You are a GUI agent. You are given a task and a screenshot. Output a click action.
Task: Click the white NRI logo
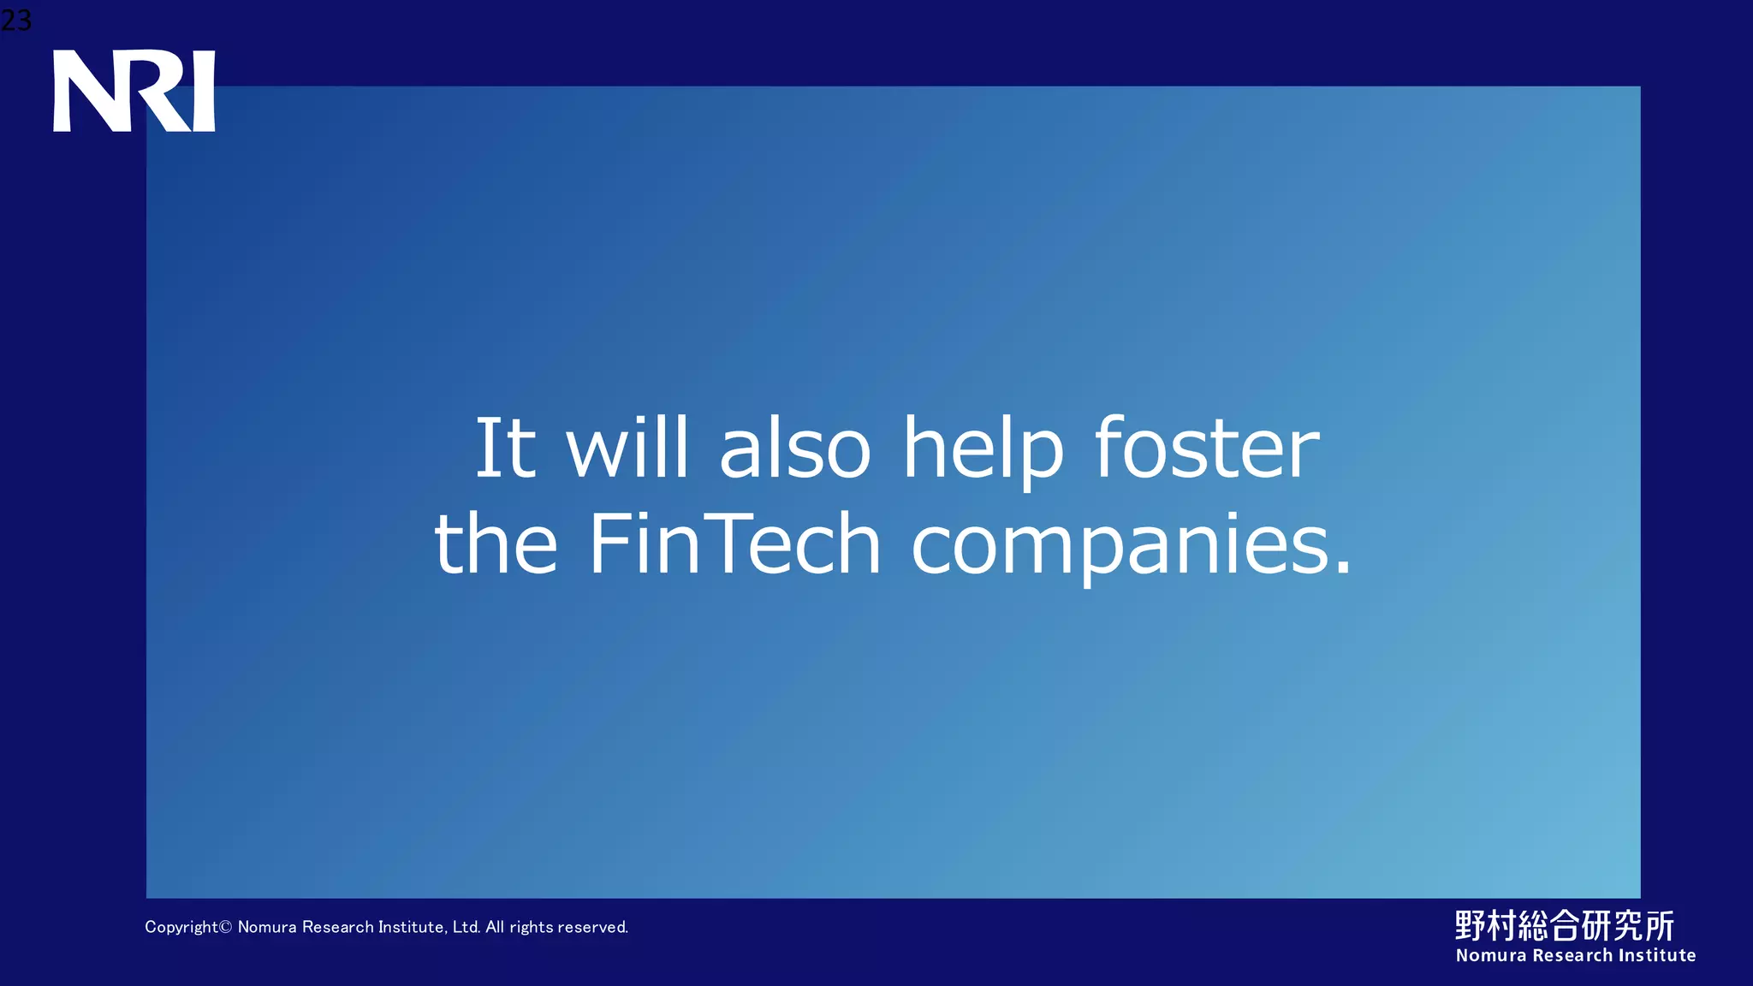(x=134, y=91)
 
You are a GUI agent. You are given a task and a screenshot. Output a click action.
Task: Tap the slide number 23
(x=15, y=19)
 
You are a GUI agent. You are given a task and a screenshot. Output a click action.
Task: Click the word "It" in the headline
(x=505, y=448)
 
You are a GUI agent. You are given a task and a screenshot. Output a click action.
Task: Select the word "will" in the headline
(x=627, y=448)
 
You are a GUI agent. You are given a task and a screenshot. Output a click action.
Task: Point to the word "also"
(x=795, y=448)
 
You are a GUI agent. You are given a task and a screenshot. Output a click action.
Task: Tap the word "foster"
(x=1207, y=448)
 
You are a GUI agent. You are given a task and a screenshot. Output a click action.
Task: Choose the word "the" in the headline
(x=496, y=543)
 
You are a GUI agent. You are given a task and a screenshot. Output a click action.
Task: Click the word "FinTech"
(x=734, y=543)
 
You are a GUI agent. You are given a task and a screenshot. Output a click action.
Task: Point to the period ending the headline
(x=1342, y=567)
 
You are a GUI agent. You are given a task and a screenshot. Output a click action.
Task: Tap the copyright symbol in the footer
(x=226, y=927)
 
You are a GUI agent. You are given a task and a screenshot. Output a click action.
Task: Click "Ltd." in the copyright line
(x=466, y=927)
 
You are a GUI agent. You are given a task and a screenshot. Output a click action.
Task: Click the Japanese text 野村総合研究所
(x=1564, y=925)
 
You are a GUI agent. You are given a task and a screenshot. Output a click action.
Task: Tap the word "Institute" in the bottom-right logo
(x=1656, y=955)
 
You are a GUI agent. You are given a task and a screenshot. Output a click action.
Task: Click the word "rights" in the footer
(x=531, y=928)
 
